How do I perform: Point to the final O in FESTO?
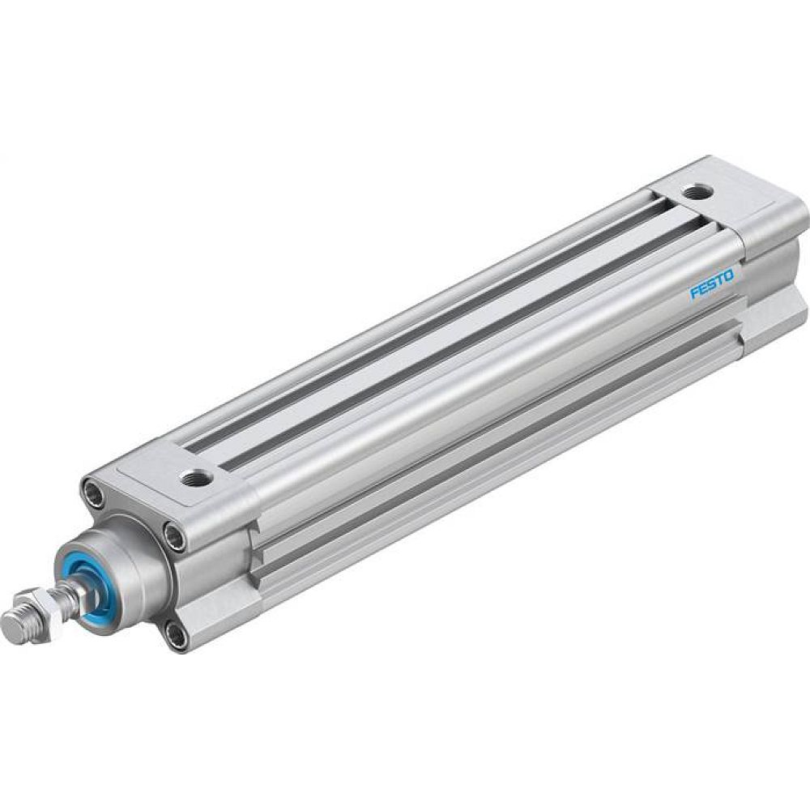point(730,275)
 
